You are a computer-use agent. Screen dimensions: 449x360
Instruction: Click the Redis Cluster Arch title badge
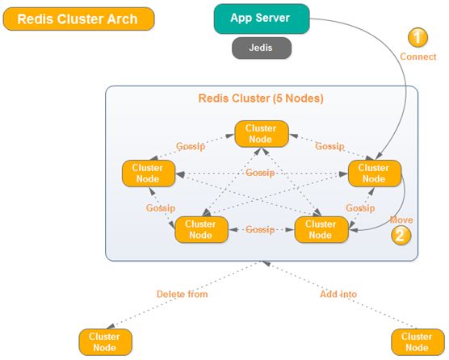click(x=79, y=19)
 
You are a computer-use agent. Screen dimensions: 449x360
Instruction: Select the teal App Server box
click(x=262, y=19)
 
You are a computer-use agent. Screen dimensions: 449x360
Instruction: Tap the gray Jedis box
click(x=262, y=48)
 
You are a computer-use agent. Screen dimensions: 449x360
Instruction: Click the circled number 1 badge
click(x=418, y=37)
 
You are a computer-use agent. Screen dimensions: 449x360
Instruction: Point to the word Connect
click(x=418, y=57)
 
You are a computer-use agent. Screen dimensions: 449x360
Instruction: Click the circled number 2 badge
click(x=401, y=235)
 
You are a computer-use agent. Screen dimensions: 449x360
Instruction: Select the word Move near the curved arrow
click(x=401, y=220)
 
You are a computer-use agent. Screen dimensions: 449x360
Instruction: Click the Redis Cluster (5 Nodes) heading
click(x=261, y=98)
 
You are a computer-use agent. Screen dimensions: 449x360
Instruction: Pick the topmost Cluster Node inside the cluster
click(x=262, y=134)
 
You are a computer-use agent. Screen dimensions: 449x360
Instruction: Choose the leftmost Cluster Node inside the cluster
click(x=149, y=174)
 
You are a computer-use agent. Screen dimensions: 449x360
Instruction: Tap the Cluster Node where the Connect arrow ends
click(x=374, y=174)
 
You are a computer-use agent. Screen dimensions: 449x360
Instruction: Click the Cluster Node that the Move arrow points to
click(x=321, y=229)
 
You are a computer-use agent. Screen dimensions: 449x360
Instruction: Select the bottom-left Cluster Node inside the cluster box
click(x=201, y=229)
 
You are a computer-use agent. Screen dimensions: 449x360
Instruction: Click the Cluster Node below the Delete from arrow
click(x=105, y=342)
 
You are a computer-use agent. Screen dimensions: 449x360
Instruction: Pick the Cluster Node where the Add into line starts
click(x=418, y=342)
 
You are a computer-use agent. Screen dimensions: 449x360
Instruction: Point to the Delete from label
click(x=183, y=294)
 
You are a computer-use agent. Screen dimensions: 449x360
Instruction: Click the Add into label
click(x=338, y=294)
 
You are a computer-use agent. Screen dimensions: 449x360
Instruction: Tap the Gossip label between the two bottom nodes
click(x=260, y=229)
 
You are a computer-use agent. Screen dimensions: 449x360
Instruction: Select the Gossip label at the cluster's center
click(x=260, y=173)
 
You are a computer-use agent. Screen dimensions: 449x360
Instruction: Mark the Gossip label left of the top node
click(x=191, y=146)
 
